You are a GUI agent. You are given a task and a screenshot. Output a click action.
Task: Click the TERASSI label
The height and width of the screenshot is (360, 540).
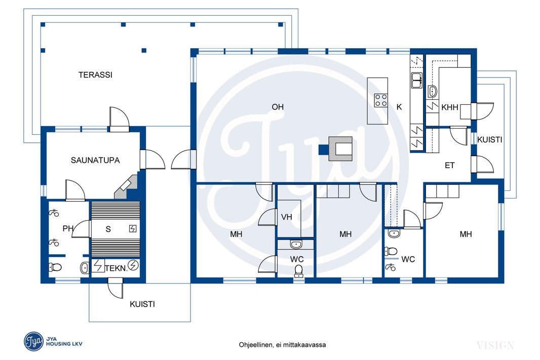coord(95,75)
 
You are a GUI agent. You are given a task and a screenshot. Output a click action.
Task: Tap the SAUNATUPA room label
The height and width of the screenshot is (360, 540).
coord(95,160)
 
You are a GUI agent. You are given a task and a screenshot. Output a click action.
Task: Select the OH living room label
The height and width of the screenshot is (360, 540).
coord(278,107)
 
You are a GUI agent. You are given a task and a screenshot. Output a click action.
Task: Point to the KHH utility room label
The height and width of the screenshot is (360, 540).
coord(450,107)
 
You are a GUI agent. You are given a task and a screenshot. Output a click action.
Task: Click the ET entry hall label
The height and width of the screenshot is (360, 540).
coord(449,166)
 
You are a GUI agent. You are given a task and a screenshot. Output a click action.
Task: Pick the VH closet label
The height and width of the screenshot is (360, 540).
coord(287,217)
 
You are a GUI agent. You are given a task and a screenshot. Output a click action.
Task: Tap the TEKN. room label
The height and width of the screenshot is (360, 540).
coord(116,268)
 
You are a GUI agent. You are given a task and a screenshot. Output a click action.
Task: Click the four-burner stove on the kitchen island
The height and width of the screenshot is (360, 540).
coord(381,100)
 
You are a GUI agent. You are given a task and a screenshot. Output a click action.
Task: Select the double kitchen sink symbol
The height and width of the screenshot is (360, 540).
coord(417,80)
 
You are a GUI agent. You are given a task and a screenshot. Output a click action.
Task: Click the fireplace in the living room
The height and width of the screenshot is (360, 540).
coord(340,149)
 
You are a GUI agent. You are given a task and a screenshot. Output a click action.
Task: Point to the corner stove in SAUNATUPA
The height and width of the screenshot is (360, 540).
coord(127,187)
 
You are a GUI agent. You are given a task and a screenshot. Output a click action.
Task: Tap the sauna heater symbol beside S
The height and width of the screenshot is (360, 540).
coord(133,228)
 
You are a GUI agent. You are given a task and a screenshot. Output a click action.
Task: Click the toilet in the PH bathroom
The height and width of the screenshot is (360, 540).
coord(55,267)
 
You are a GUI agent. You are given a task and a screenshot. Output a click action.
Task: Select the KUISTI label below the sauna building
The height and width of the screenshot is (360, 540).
coord(142,304)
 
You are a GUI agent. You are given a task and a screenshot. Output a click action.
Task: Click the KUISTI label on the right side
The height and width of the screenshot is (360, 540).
coord(490,140)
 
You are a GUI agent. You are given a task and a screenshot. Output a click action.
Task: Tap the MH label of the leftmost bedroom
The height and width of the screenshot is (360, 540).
coord(236,234)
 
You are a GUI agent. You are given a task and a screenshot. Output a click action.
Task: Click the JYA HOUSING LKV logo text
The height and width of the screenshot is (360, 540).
coord(64,341)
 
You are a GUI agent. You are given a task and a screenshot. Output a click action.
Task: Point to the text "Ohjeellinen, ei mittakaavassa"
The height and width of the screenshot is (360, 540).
coord(282,344)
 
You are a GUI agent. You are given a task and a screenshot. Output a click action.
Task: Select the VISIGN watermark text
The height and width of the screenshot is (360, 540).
coord(495,345)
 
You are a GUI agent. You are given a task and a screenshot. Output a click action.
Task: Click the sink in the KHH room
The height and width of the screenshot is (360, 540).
coord(432,92)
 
